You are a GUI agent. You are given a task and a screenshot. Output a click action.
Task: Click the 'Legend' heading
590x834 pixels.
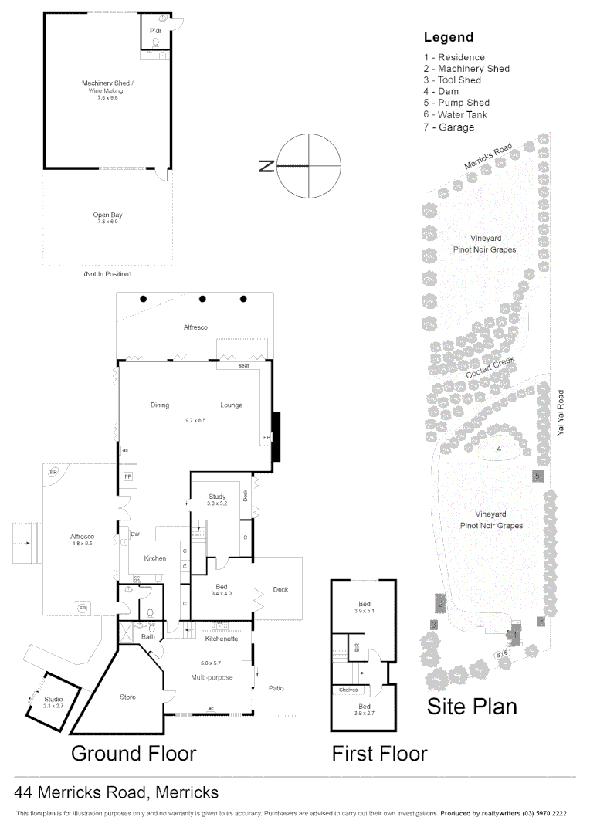pyautogui.click(x=449, y=37)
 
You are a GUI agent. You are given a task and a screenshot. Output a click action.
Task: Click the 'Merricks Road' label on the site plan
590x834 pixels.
pyautogui.click(x=488, y=157)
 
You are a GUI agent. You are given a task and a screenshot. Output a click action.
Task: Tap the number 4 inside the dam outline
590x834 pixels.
pyautogui.click(x=499, y=449)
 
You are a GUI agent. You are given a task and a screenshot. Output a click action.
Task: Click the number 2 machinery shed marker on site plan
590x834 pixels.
pyautogui.click(x=440, y=604)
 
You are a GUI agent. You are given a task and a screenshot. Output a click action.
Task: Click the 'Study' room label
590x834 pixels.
pyautogui.click(x=217, y=497)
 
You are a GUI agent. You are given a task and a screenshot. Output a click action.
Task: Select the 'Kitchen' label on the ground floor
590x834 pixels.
pyautogui.click(x=155, y=558)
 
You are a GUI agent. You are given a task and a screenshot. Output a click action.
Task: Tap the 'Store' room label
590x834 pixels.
pyautogui.click(x=127, y=697)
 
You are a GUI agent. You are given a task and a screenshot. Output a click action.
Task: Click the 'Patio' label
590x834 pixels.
pyautogui.click(x=276, y=688)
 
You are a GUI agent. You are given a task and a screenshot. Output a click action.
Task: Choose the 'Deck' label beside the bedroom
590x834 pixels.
pyautogui.click(x=280, y=590)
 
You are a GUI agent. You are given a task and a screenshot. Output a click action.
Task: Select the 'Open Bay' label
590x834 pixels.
pyautogui.click(x=107, y=215)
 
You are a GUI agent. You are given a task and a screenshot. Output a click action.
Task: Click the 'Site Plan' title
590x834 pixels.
pyautogui.click(x=472, y=706)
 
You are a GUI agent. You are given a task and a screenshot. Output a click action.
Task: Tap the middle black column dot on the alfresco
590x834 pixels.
pyautogui.click(x=202, y=299)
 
